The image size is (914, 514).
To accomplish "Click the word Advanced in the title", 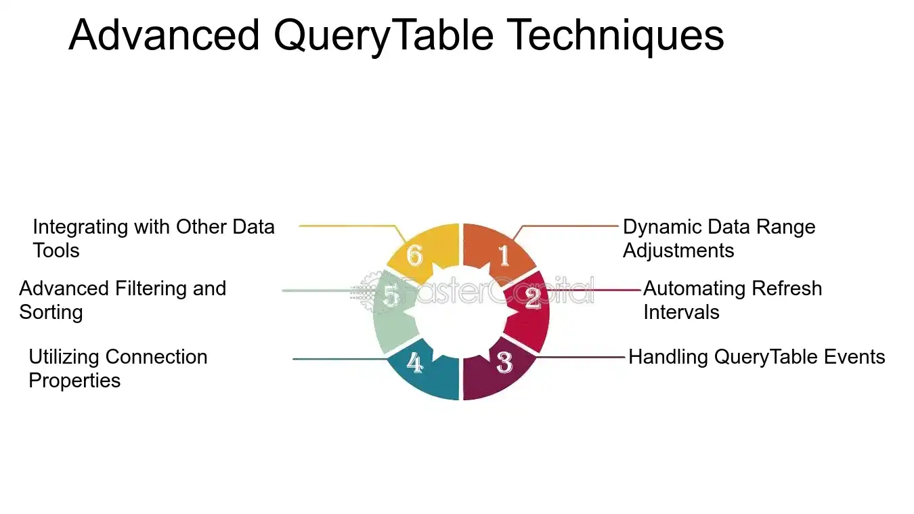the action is coord(164,35).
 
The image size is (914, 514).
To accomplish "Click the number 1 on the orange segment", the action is coord(504,255).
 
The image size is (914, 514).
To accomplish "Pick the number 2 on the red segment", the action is coord(533,299).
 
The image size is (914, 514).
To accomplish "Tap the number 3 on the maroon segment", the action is coord(504,362).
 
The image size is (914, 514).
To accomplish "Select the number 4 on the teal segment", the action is coord(414,362).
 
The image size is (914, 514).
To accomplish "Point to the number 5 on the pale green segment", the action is coord(391,295).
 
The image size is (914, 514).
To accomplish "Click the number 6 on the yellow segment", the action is coord(414,255).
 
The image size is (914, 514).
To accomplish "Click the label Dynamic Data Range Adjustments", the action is coord(719,239).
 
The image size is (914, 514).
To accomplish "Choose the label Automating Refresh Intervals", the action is coord(733,300).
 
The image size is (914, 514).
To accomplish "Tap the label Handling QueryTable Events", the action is coord(756,358).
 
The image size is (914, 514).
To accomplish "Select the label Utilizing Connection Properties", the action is coord(118,368).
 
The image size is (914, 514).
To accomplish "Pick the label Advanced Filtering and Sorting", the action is coord(123,300).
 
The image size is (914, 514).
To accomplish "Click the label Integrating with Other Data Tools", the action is coord(154,239).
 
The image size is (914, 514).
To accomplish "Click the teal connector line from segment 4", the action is coord(340,360).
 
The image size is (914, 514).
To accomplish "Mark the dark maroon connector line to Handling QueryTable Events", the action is coord(580,358).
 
